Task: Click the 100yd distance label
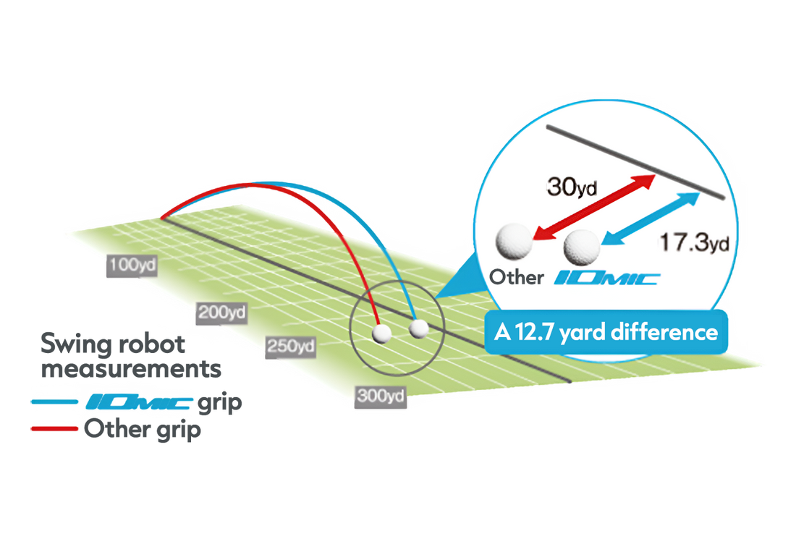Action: (132, 266)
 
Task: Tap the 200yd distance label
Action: (221, 313)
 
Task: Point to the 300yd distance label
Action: (380, 395)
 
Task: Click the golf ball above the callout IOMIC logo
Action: (583, 247)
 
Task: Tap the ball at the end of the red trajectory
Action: (381, 334)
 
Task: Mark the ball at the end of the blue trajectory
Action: (418, 329)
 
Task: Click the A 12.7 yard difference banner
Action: (606, 332)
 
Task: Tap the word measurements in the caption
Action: (130, 370)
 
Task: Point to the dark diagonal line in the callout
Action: (635, 162)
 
